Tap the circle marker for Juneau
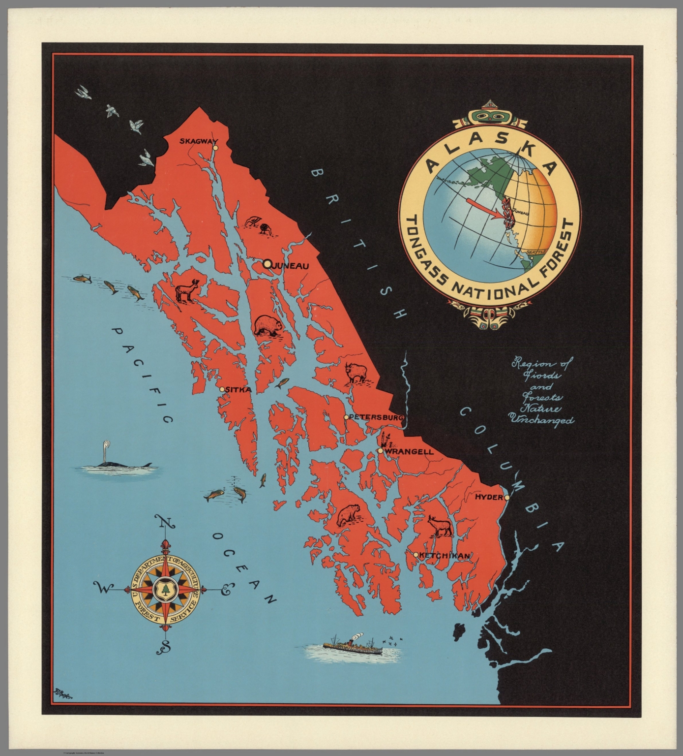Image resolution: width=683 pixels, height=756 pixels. tap(267, 264)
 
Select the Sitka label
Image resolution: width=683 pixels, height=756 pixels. tap(239, 390)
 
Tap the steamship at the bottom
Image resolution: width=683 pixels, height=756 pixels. tap(353, 646)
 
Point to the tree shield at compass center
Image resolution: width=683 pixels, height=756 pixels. tap(166, 589)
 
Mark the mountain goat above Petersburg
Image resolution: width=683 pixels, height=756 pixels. tap(356, 373)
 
